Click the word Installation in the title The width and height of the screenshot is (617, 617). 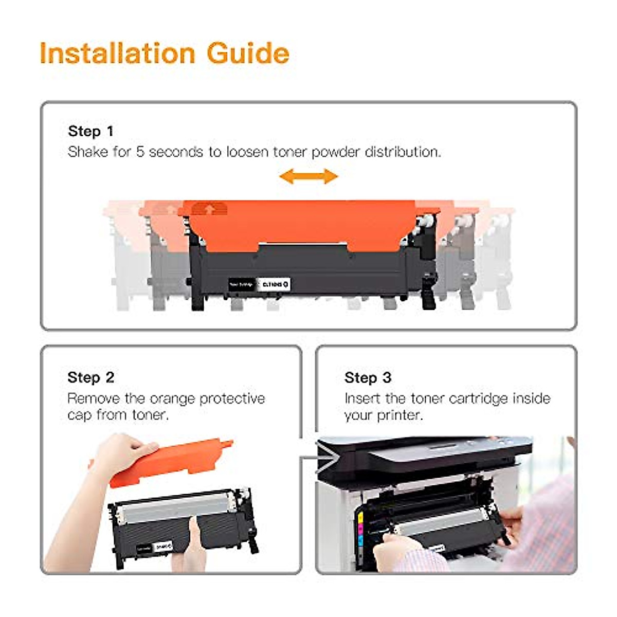pyautogui.click(x=117, y=53)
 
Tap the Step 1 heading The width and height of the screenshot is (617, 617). pyautogui.click(x=90, y=132)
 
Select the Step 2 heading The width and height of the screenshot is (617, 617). pyautogui.click(x=90, y=377)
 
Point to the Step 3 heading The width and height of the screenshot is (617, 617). pyautogui.click(x=368, y=377)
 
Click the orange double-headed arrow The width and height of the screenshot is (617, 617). pyautogui.click(x=308, y=177)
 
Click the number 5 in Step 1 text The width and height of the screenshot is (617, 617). pyautogui.click(x=140, y=152)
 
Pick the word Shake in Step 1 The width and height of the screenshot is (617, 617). pyautogui.click(x=88, y=152)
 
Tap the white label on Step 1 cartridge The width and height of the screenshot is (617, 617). pyautogui.click(x=273, y=284)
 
